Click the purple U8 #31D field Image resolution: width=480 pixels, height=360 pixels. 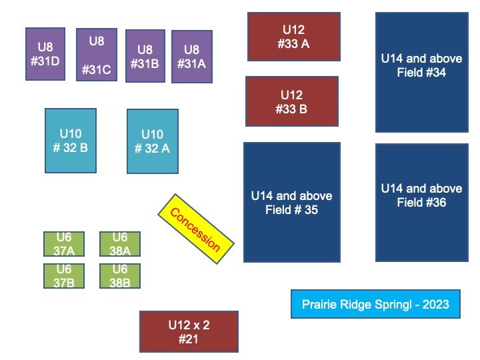point(45,54)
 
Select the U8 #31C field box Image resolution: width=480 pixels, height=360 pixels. point(97,55)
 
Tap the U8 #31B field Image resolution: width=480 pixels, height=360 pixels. point(145,56)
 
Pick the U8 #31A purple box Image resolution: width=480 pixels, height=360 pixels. point(192,56)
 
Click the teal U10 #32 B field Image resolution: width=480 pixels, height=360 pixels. point(70,141)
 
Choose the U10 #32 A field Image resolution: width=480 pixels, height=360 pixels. point(152,141)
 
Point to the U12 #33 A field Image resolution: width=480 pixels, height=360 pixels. point(293,37)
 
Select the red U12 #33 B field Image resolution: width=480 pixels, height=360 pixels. point(291,101)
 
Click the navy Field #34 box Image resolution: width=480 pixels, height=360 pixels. point(421,72)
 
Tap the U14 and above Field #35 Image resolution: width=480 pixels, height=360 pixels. point(291,202)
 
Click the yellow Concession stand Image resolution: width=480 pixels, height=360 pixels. point(197,229)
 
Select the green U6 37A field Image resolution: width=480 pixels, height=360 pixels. point(64,244)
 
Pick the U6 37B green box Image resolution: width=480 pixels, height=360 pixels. point(64,275)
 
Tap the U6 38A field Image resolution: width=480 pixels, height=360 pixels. point(120,244)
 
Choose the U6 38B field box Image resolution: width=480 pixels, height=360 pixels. point(120,275)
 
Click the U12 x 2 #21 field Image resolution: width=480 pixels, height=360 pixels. point(189,331)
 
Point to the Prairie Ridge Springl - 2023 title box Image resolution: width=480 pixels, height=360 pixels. point(375,304)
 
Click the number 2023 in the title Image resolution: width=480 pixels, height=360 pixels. point(435,305)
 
